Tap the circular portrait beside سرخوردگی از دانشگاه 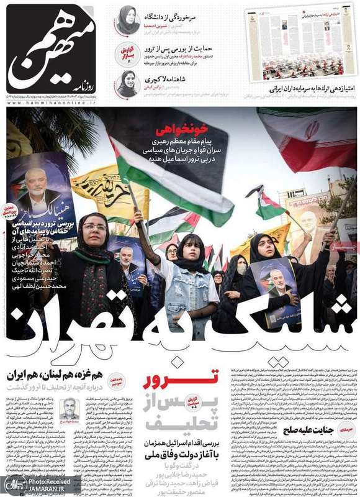128,19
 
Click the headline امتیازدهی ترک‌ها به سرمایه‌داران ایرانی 299,89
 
